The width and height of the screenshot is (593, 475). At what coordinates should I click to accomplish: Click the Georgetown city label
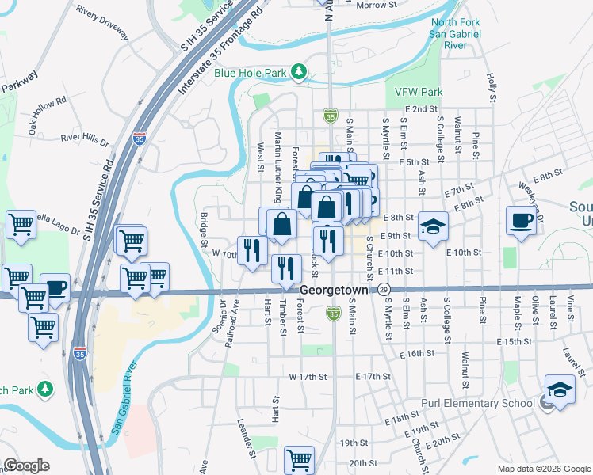point(333,291)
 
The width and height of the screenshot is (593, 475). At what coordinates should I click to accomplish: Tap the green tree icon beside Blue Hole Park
point(299,73)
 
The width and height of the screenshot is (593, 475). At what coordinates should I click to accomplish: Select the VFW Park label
point(418,92)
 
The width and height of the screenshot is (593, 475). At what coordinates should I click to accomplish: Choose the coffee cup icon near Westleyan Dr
point(522,221)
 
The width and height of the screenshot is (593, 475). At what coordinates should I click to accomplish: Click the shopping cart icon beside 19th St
point(300,459)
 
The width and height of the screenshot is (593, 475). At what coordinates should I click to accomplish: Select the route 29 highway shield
point(384,291)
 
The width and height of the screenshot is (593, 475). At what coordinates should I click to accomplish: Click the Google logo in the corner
point(26,465)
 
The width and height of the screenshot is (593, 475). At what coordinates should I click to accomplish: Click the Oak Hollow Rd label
point(48,112)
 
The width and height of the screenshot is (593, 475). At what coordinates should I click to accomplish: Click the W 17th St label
point(308,376)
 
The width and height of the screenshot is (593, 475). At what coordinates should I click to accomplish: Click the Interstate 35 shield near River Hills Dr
point(140,140)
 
